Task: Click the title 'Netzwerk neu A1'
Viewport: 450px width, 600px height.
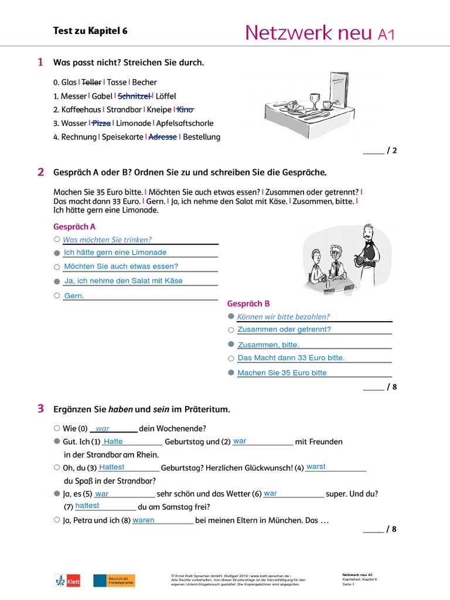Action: point(319,33)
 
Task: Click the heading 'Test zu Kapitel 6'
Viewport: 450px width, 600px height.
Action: point(90,31)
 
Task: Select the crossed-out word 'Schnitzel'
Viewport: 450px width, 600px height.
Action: point(135,96)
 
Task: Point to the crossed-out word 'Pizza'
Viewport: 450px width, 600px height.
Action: point(101,123)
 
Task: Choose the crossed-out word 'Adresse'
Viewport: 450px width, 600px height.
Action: point(163,137)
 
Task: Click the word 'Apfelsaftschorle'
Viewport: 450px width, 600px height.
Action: point(185,123)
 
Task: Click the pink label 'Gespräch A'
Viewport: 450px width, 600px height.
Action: point(74,227)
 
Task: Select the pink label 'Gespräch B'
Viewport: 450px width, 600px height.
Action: point(248,304)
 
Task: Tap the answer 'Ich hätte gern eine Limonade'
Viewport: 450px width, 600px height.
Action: point(115,253)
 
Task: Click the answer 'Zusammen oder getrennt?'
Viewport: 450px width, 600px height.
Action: point(284,330)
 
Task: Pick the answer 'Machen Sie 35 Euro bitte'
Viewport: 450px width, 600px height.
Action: point(282,373)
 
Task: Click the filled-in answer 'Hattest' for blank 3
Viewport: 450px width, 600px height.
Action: point(111,467)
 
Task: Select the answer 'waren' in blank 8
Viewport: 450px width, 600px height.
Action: point(144,520)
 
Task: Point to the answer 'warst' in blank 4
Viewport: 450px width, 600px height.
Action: point(316,467)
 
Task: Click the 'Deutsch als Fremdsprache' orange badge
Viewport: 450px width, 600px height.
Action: point(114,580)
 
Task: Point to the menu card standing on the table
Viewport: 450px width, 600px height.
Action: point(339,88)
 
